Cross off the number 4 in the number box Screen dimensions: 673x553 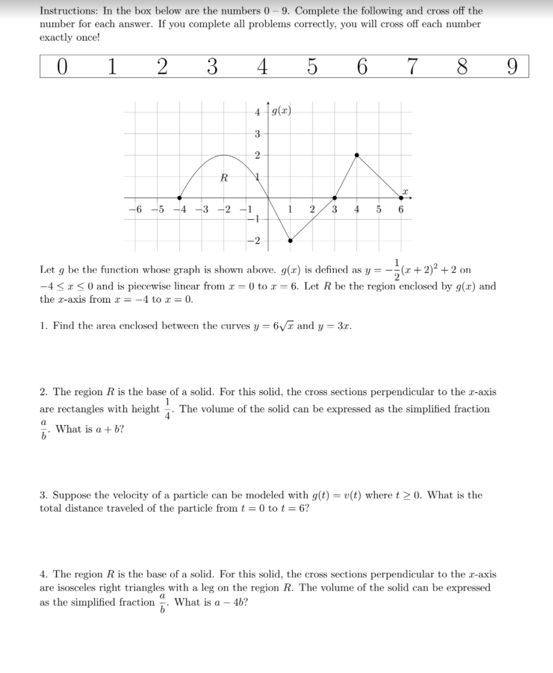coord(262,67)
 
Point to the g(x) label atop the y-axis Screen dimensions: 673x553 coord(281,111)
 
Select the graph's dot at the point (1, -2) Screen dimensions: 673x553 coord(290,241)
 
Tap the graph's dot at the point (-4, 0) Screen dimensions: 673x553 coord(180,198)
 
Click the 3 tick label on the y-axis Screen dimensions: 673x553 coord(257,133)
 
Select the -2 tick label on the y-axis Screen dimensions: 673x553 coord(254,241)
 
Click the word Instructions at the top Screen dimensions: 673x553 coord(66,11)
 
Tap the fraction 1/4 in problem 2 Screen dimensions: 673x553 coord(169,410)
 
